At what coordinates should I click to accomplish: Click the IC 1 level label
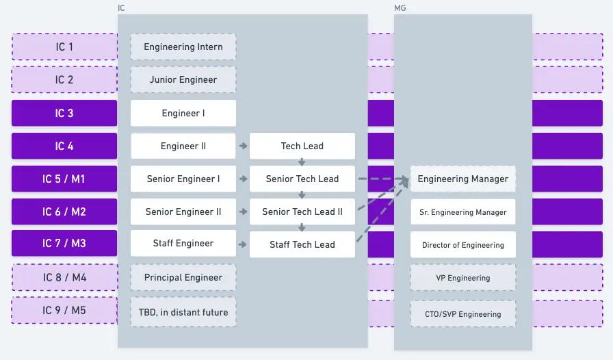[x=64, y=47]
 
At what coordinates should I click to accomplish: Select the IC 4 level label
[x=64, y=146]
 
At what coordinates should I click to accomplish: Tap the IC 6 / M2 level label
[x=64, y=211]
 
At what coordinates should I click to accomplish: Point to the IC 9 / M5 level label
[x=64, y=310]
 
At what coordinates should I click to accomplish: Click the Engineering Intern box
[x=183, y=47]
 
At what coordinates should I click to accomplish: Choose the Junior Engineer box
[x=183, y=79]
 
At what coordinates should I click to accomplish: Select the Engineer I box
[x=183, y=113]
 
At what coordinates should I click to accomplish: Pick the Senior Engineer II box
[x=183, y=211]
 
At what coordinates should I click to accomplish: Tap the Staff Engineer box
[x=183, y=243]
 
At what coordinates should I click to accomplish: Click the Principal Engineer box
[x=183, y=277]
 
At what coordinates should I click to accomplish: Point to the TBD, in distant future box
[x=183, y=312]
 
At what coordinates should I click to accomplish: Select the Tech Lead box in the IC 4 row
[x=302, y=146]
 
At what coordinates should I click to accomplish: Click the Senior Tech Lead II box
[x=302, y=211]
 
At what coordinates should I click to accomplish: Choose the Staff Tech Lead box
[x=302, y=244]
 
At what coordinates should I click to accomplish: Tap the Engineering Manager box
[x=463, y=179]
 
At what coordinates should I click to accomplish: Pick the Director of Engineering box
[x=463, y=244]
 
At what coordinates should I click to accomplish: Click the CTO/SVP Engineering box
[x=463, y=314]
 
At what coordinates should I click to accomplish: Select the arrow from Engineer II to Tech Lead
[x=243, y=146]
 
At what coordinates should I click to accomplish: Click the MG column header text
[x=400, y=8]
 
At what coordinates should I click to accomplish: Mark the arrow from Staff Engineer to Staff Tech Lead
[x=243, y=244]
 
